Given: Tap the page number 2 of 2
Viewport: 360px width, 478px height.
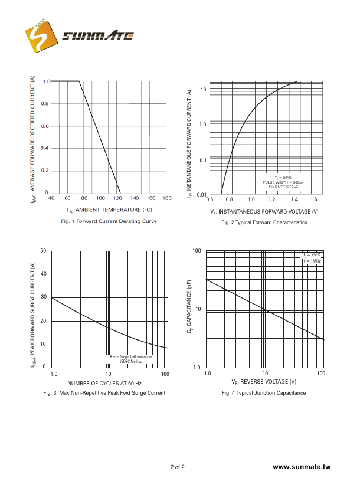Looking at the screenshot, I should (x=178, y=467).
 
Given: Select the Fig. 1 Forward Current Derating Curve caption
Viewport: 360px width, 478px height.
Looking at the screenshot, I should (x=109, y=221).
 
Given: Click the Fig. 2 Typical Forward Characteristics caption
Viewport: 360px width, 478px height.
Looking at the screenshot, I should (x=264, y=222).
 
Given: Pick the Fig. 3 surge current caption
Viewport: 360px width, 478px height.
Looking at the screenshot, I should (x=104, y=392).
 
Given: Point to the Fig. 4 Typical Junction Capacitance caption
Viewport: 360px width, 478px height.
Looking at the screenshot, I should (x=264, y=393).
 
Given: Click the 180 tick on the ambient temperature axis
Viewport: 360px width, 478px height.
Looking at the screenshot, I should (x=167, y=198).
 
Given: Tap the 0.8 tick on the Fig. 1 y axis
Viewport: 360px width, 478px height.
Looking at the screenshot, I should (x=45, y=104).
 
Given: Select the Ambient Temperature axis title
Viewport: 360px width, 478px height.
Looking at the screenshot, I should (x=109, y=209).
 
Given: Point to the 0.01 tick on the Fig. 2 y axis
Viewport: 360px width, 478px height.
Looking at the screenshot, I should (x=200, y=194).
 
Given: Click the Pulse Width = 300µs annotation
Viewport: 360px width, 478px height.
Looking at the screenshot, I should (x=283, y=182).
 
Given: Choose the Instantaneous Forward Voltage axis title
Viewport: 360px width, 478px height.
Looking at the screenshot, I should (x=264, y=211).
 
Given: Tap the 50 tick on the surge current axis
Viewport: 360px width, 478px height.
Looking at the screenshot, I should (x=43, y=251).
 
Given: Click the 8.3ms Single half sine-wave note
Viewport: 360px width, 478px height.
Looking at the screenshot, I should (x=131, y=357).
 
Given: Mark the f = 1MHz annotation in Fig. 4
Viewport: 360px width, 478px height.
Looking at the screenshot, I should (x=312, y=260).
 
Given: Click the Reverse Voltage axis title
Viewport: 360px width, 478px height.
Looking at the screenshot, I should (x=264, y=382).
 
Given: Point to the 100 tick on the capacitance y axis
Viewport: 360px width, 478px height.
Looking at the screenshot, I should (x=197, y=251).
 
